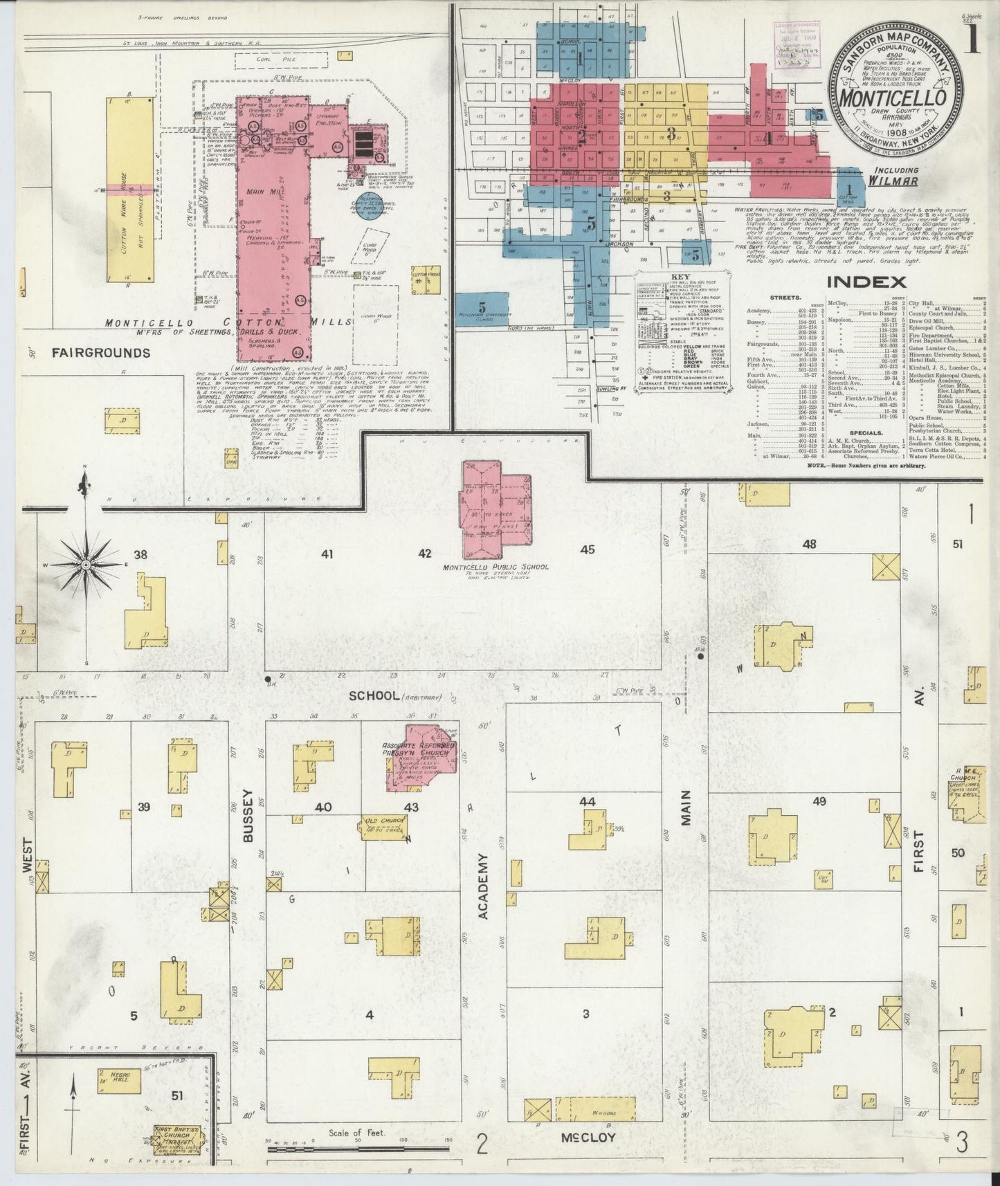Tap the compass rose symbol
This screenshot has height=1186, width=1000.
click(x=84, y=565)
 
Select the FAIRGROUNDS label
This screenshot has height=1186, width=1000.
click(x=100, y=353)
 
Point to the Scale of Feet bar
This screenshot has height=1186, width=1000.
click(x=359, y=1149)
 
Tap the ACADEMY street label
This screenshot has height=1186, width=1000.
click(x=483, y=886)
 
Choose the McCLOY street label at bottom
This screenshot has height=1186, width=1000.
click(x=588, y=1137)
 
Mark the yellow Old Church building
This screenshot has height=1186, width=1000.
click(x=383, y=825)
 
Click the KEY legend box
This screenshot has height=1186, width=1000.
click(x=681, y=334)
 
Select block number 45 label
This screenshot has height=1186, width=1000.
click(x=588, y=550)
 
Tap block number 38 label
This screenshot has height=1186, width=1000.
click(x=141, y=554)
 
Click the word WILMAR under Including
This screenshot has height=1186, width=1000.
click(x=892, y=182)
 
